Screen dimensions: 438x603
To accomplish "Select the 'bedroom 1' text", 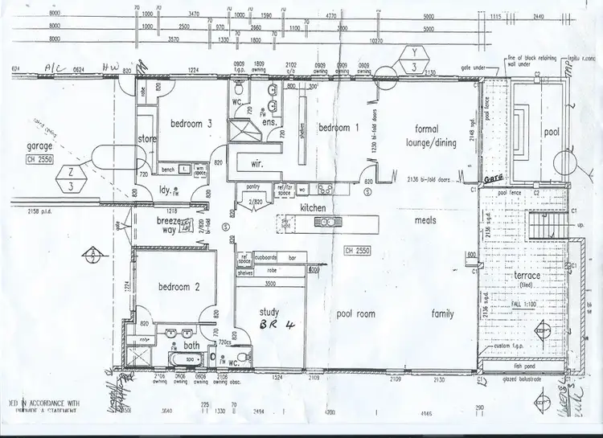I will (335, 129).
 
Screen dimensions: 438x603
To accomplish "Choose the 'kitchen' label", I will (312, 208).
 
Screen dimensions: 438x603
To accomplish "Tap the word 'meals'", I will (425, 219).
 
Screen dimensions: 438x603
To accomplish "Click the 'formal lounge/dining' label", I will (435, 136).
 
